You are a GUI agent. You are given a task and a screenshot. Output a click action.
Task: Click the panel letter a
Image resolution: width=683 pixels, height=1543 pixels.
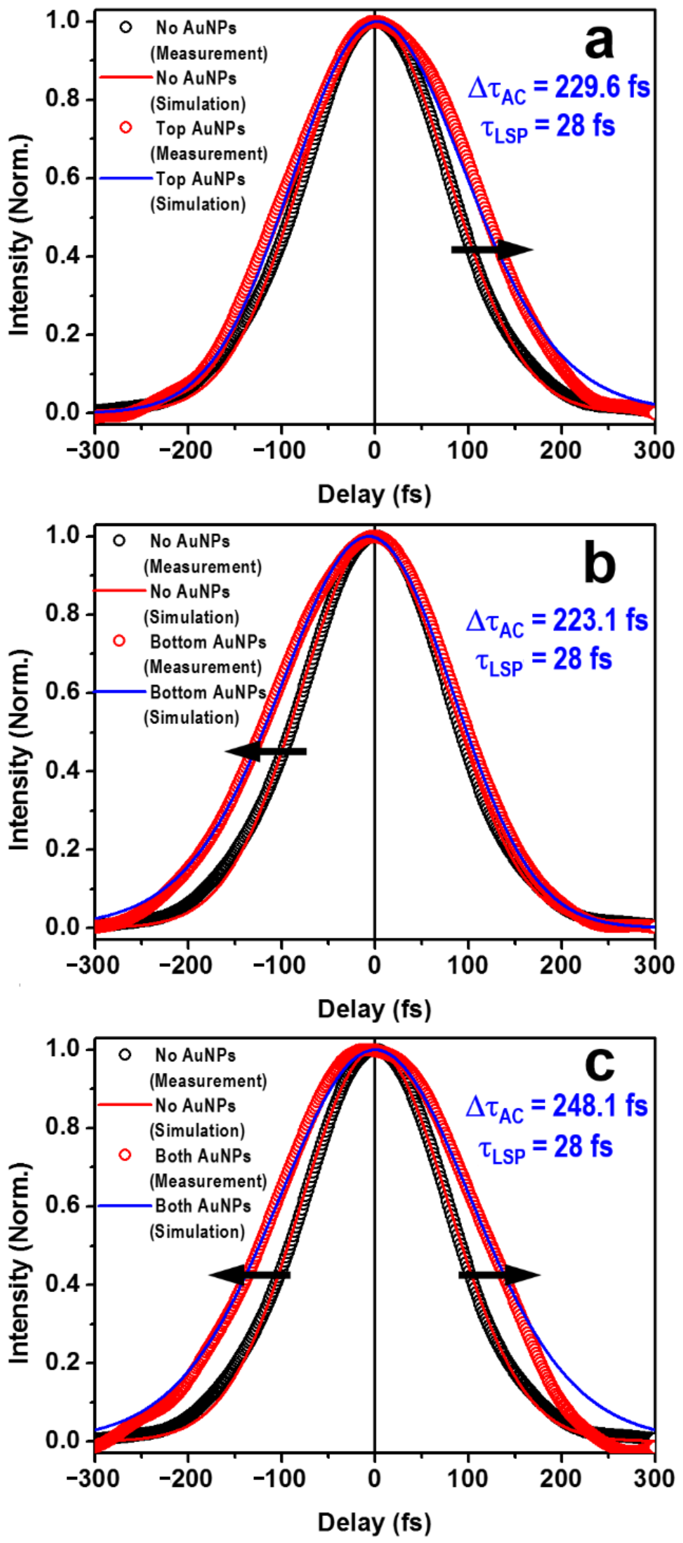[x=599, y=43]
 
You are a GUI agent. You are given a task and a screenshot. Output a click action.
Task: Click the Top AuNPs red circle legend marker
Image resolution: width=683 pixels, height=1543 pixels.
[x=126, y=128]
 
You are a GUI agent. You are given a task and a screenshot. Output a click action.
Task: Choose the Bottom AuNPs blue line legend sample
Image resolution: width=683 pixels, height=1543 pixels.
[x=120, y=692]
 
